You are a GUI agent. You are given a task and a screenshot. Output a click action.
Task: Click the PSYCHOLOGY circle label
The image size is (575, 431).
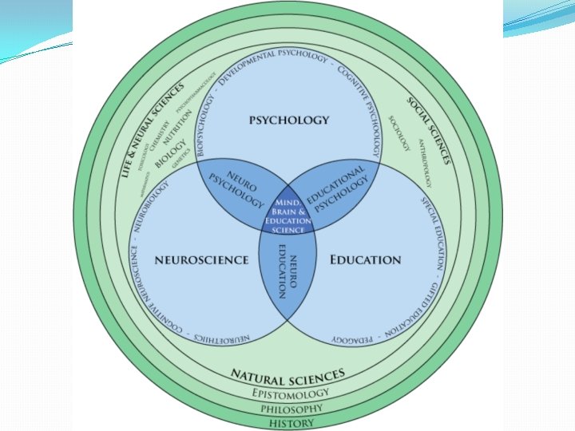pyautogui.click(x=288, y=121)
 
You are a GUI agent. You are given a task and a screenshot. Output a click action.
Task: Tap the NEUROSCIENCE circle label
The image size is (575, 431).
pyautogui.click(x=190, y=259)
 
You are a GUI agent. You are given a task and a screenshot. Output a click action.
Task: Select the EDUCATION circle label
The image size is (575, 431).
pyautogui.click(x=366, y=259)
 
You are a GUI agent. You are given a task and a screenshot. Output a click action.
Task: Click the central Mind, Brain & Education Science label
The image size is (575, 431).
pyautogui.click(x=287, y=215)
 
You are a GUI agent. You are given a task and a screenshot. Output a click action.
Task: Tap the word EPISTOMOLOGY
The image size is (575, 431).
pyautogui.click(x=289, y=393)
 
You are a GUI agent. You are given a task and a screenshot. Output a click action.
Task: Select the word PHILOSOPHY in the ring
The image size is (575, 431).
pyautogui.click(x=288, y=408)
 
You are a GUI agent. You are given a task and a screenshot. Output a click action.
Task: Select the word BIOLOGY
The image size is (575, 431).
pyautogui.click(x=170, y=152)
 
